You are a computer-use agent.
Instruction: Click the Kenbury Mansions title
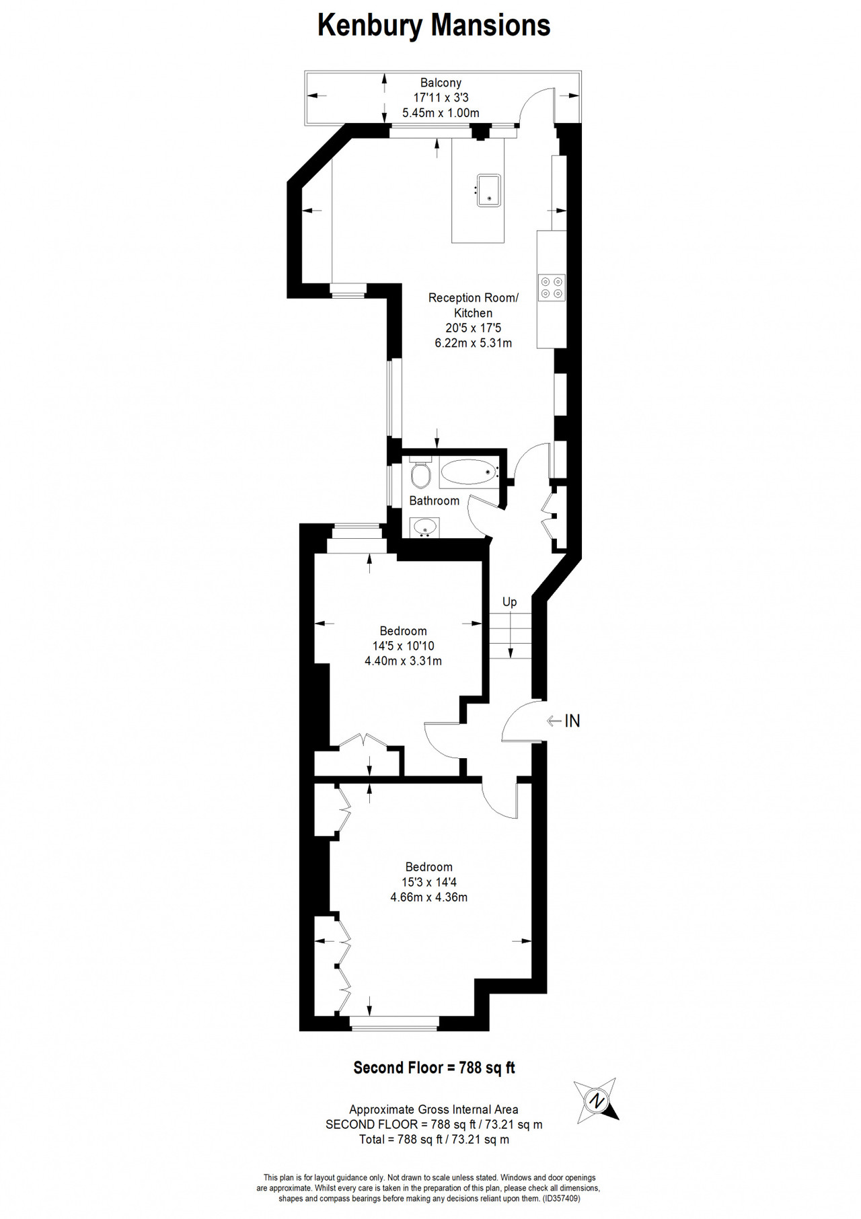434,26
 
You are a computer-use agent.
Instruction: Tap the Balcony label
441,83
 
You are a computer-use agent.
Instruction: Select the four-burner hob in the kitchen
552,287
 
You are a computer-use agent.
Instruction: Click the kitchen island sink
489,190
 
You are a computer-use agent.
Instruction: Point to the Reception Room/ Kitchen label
474,305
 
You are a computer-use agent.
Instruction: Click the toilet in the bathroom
420,473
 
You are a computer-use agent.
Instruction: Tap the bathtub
470,473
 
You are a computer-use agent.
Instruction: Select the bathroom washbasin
424,527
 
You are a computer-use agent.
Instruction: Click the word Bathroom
435,501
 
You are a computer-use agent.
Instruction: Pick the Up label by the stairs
510,601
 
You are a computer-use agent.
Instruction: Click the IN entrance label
572,721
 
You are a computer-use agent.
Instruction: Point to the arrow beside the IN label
554,721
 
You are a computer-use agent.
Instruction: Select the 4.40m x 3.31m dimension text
403,661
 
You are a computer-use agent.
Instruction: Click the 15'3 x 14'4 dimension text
428,882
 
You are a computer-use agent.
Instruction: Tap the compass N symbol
596,1101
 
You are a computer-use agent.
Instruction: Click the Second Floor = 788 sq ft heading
435,1068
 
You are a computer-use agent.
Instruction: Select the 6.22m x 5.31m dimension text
474,343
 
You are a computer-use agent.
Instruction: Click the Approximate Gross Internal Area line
434,1109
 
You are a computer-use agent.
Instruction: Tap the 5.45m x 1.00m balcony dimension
441,112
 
